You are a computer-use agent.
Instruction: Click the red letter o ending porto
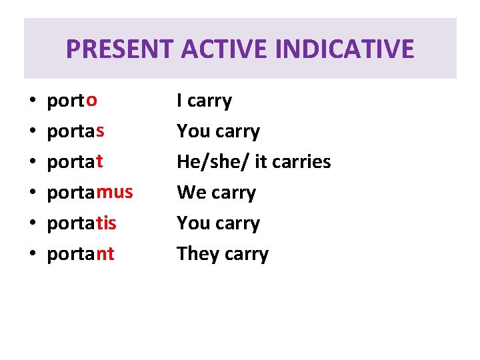coord(92,101)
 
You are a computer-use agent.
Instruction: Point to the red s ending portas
coord(100,131)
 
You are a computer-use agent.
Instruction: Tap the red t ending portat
coord(99,161)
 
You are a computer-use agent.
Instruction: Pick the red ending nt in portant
coord(105,254)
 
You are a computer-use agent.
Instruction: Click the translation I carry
coord(204,101)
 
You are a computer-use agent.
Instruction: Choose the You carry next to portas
coord(218,131)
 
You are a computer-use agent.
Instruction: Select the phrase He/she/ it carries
coord(253,161)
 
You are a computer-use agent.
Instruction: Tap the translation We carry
coord(216,193)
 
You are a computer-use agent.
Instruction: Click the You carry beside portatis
coord(218,223)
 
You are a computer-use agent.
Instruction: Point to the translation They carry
coord(223,254)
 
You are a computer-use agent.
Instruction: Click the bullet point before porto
coord(33,102)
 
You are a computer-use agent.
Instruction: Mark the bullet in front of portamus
coord(33,193)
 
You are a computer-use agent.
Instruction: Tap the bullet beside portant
coord(33,255)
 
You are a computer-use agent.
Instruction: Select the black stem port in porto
coord(65,102)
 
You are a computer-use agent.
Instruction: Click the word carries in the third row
coord(303,161)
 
